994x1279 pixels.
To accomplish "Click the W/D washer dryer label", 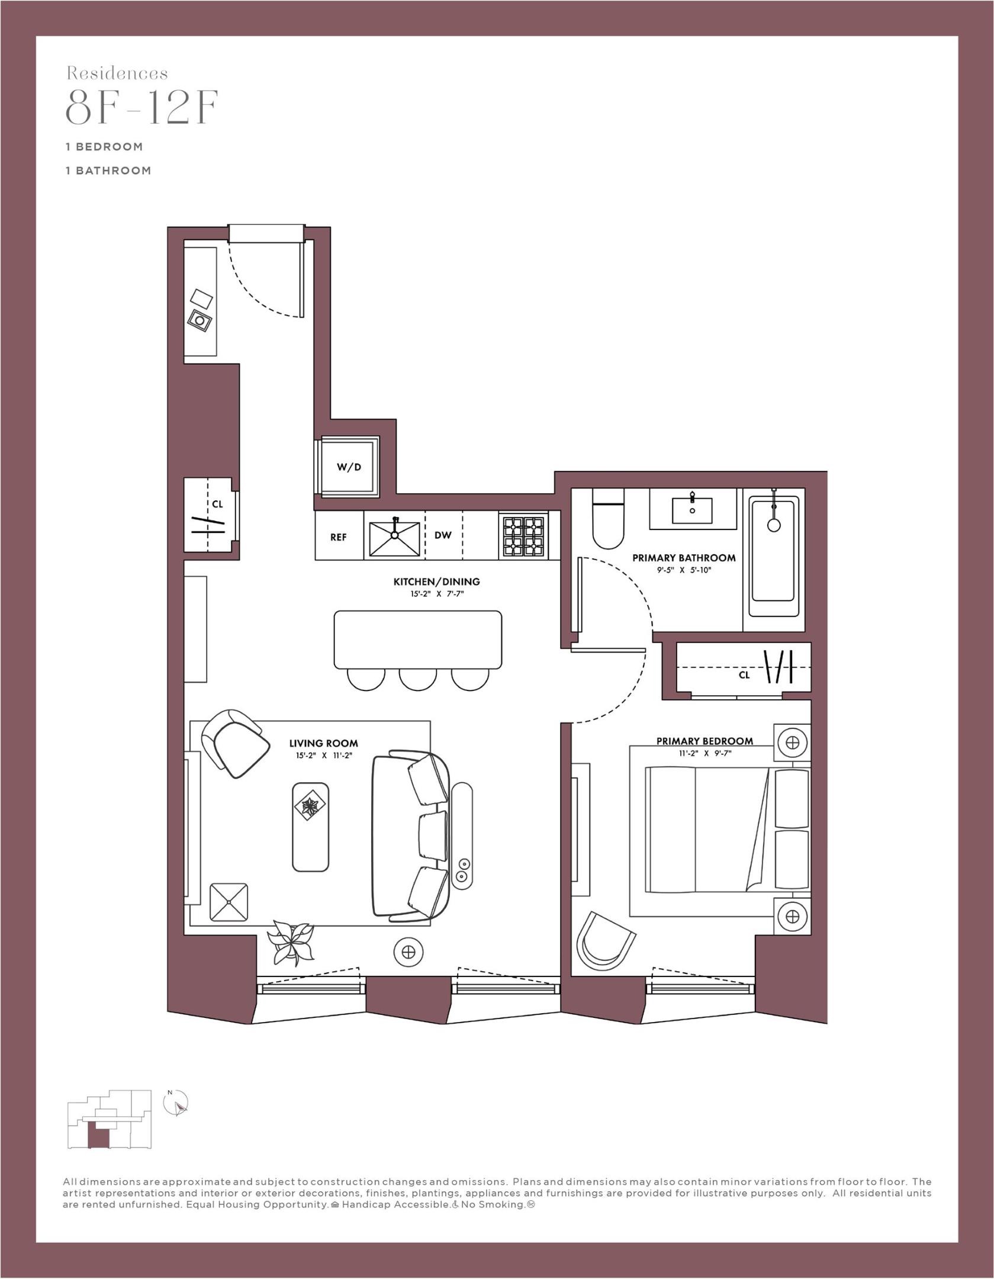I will click(x=349, y=467).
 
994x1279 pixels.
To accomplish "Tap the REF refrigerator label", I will click(x=338, y=537).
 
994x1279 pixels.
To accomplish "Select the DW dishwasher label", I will click(x=443, y=535).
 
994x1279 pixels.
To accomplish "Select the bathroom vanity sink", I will click(x=692, y=509).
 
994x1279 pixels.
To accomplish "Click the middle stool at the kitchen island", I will click(x=417, y=678).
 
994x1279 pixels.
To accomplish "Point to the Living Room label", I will click(x=323, y=743).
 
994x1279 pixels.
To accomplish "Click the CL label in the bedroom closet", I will click(x=744, y=675).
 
